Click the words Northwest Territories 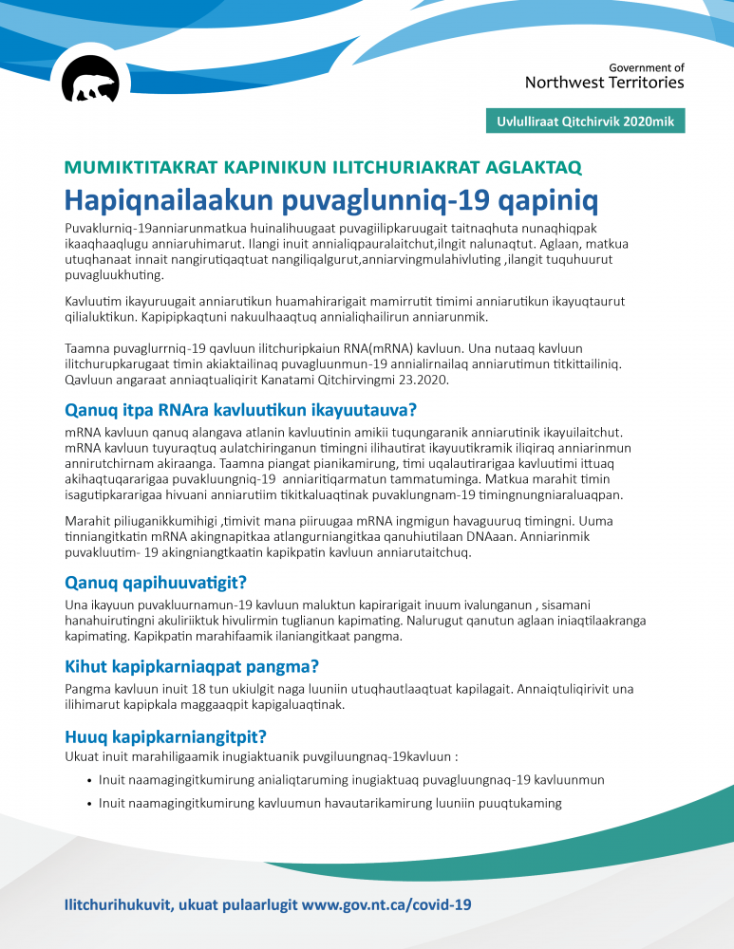tap(604, 83)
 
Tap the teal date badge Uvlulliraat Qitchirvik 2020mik tap(584, 121)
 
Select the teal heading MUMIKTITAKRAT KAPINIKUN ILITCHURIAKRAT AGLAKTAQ tap(323, 168)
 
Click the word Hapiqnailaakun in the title tap(154, 200)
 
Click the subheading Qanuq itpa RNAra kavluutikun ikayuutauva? tap(240, 411)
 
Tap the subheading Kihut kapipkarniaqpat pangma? tap(191, 666)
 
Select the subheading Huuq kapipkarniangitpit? tap(164, 736)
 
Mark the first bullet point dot tap(88, 780)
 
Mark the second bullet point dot tap(88, 804)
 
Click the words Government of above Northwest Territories tap(646, 68)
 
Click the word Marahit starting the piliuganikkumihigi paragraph tap(87, 522)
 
